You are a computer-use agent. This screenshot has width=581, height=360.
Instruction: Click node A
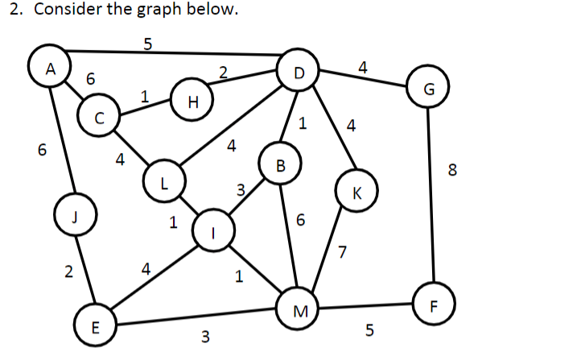coord(49,68)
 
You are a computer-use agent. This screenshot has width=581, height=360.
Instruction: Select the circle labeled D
coord(299,73)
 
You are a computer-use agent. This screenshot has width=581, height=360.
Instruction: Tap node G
coord(428,89)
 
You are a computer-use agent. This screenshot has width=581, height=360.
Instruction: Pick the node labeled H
coord(192,101)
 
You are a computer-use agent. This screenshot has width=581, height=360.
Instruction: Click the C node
coord(98,118)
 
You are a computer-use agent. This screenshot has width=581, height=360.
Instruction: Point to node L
coord(163,181)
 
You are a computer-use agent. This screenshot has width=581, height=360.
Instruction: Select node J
coord(74,215)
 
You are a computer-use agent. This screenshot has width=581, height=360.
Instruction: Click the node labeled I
coord(212,233)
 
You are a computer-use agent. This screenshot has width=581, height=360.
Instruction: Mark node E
coord(94,326)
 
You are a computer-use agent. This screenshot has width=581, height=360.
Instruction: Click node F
coord(435,305)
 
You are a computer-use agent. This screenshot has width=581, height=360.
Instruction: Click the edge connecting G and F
coord(431,201)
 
